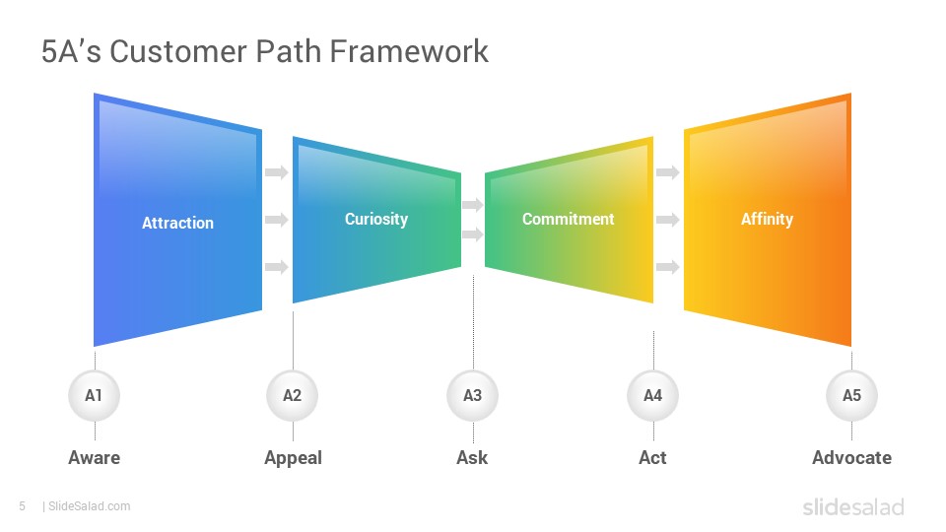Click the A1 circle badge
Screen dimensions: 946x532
point(95,396)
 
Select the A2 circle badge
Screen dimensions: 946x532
point(293,396)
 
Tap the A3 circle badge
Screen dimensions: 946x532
point(472,396)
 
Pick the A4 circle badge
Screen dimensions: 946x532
point(652,396)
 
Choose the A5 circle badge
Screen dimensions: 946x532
point(851,396)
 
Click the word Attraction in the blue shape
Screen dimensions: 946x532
point(178,224)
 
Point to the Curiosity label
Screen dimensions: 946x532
point(376,219)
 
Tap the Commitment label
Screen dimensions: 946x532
point(569,219)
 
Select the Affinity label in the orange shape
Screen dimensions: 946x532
point(768,219)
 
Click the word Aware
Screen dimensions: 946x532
point(95,458)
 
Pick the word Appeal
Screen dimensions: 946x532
point(294,458)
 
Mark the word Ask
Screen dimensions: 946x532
point(472,458)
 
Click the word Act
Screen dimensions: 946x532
point(652,458)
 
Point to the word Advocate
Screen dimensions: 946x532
point(851,458)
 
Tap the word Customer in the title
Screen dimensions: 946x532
point(178,51)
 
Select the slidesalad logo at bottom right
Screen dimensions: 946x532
point(853,506)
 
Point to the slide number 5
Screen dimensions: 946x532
point(23,506)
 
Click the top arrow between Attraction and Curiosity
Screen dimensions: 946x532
point(277,172)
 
